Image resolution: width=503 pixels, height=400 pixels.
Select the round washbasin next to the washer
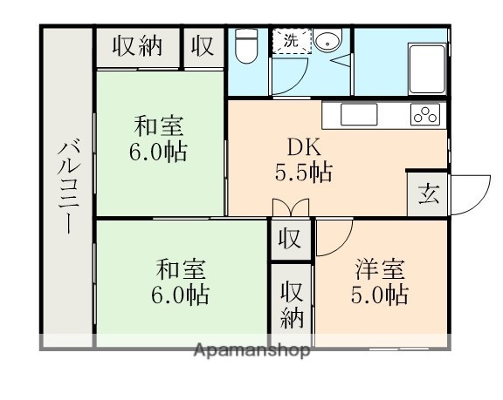328,42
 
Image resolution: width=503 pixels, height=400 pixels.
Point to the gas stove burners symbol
426,114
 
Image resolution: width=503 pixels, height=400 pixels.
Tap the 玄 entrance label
428,193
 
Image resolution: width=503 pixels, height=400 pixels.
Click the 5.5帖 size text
299,172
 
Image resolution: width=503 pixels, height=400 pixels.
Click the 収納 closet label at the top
137,47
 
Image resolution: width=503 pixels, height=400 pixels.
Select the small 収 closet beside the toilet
203,47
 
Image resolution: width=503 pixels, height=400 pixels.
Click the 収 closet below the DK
290,237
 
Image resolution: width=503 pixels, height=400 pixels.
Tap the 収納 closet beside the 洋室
291,305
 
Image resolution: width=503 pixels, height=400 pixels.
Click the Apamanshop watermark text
252,352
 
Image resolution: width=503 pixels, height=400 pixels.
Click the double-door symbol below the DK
290,207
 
